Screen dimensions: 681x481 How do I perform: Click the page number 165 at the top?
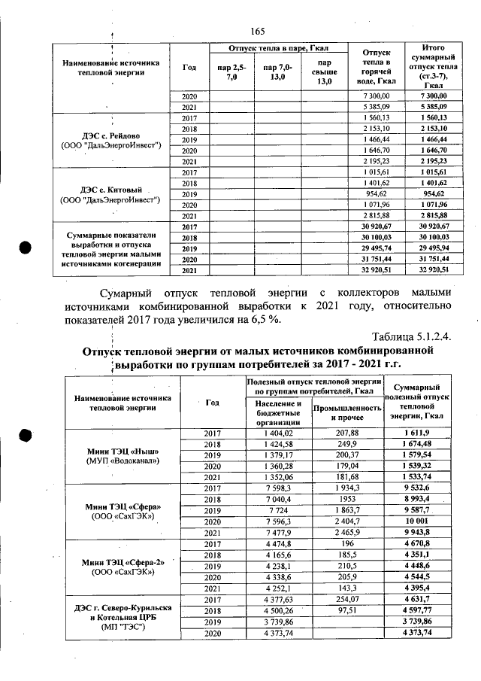pos(258,31)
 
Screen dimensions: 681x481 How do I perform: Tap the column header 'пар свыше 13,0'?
pos(324,72)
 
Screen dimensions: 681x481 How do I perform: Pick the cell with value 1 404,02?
pos(279,433)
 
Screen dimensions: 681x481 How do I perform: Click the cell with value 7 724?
pos(279,510)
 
